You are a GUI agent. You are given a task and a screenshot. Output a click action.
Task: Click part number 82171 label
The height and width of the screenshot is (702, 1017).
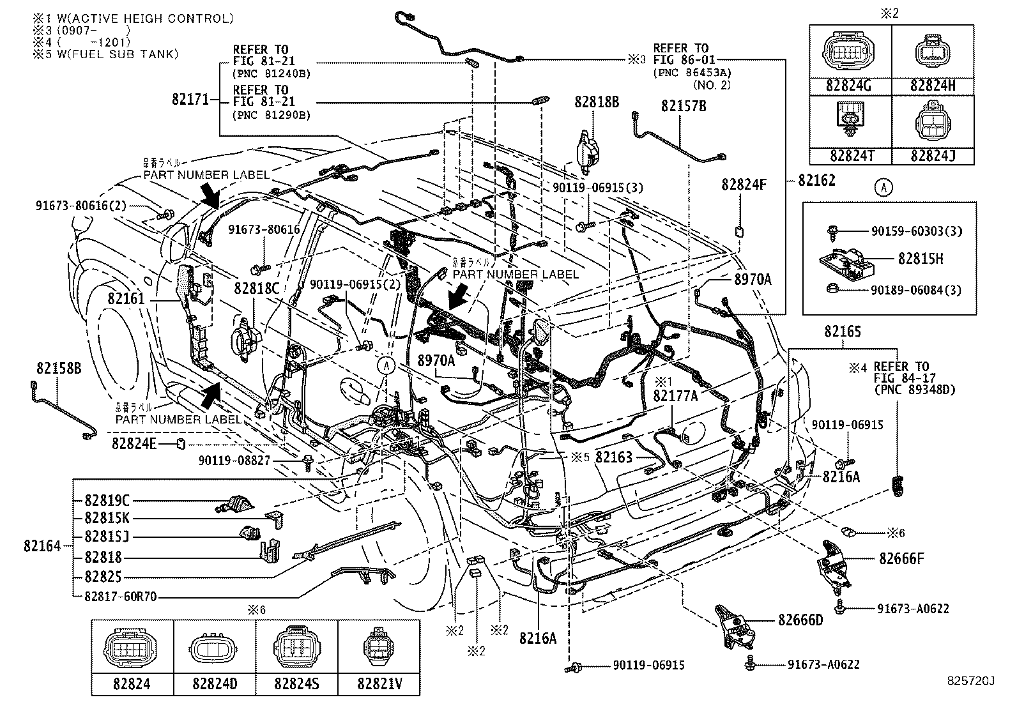(x=190, y=100)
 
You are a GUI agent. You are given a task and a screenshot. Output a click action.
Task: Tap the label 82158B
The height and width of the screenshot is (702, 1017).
(x=59, y=368)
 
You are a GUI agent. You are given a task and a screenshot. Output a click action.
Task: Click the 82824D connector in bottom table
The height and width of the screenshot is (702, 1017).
(x=215, y=652)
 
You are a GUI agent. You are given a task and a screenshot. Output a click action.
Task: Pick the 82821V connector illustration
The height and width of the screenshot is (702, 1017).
(x=379, y=650)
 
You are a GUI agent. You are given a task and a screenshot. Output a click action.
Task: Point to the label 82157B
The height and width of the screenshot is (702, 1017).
(x=683, y=106)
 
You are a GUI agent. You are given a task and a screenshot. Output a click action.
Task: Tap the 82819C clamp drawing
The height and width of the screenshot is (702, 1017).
(x=238, y=504)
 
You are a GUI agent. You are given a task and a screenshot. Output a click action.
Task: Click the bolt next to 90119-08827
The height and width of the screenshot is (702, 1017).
(x=309, y=461)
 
